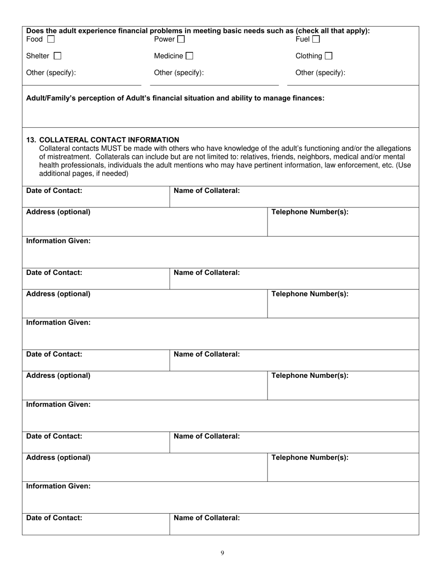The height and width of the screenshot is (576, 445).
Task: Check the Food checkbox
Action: point(51,39)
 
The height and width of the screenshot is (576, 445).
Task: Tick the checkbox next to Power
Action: point(181,39)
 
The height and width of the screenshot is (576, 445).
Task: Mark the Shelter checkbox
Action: point(57,56)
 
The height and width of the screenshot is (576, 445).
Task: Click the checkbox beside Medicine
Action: point(189,56)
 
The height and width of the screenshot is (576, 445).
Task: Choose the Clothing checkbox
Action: point(328,56)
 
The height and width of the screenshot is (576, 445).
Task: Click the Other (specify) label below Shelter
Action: point(51,73)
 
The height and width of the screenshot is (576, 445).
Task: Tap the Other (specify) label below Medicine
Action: point(179,73)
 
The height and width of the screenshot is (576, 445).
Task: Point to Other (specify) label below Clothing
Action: point(320,73)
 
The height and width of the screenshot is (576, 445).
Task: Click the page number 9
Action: point(222,553)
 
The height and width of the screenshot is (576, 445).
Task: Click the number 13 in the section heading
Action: point(31,140)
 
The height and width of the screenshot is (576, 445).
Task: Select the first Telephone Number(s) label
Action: point(310,212)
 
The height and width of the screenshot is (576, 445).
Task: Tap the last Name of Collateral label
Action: point(207,518)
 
